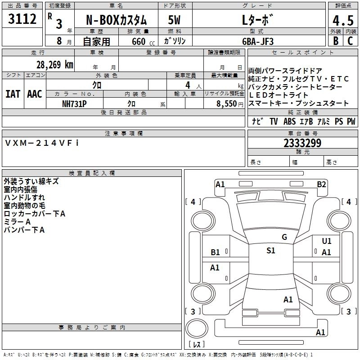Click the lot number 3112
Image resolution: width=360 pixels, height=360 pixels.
pos(22,20)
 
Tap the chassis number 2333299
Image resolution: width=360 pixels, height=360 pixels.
pos(302,143)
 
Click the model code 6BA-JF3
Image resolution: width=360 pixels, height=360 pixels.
pos(257,41)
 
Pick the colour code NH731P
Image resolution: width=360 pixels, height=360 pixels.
pos(74,103)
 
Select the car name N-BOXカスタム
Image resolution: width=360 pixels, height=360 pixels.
pos(116,20)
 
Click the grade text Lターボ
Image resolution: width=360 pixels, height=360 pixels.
pos(257,20)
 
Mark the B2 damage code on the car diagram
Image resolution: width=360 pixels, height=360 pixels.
pos(321,184)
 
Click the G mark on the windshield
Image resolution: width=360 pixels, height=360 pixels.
pos(284,237)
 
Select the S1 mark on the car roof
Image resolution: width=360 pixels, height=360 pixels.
pos(270,251)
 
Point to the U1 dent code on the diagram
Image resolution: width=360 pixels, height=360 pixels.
pos(327,241)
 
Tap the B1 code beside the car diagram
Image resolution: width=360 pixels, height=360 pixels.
pos(216,252)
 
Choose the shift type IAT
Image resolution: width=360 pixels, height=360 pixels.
pos(13,94)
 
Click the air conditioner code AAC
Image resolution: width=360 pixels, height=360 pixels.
pos(34,94)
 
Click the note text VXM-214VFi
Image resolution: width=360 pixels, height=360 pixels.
pos(42,143)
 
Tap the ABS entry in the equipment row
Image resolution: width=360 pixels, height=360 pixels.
pos(290,121)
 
